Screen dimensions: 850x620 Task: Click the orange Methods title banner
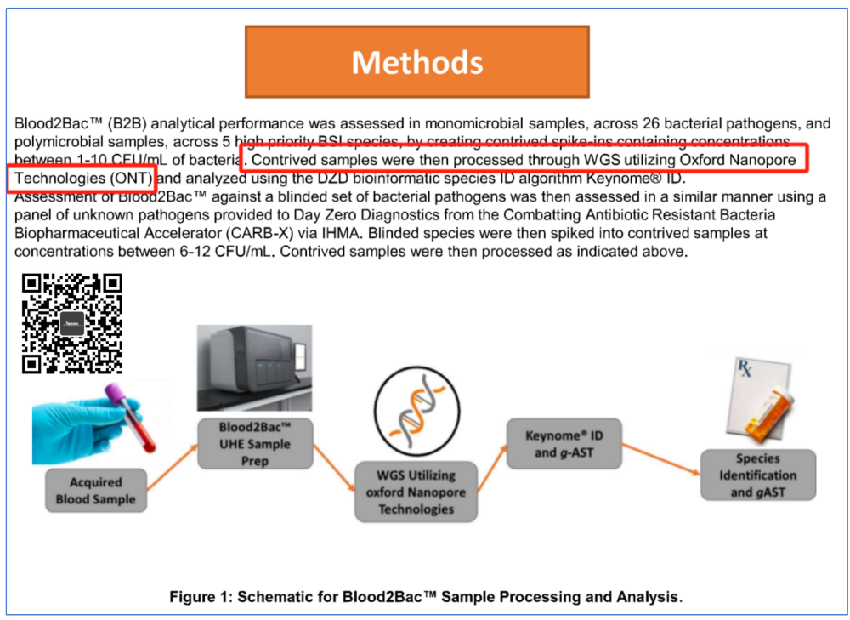pos(416,62)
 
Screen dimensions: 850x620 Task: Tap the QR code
pos(72,324)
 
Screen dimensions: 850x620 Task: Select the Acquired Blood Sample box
pos(96,491)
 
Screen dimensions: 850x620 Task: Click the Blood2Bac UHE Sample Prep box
pos(255,444)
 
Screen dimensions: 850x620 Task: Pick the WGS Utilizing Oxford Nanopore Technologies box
pos(416,492)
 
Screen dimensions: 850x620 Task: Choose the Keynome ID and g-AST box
pos(564,444)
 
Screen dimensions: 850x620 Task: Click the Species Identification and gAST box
pos(758,475)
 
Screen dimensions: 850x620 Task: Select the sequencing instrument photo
pos(254,367)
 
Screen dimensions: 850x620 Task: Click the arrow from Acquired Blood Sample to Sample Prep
pos(173,468)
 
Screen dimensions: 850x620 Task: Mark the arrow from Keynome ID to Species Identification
pos(661,459)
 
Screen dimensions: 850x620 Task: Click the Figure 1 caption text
pos(426,597)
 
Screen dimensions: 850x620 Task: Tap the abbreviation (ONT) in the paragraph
pos(131,179)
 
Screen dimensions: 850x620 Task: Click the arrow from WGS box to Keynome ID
pos(492,468)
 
